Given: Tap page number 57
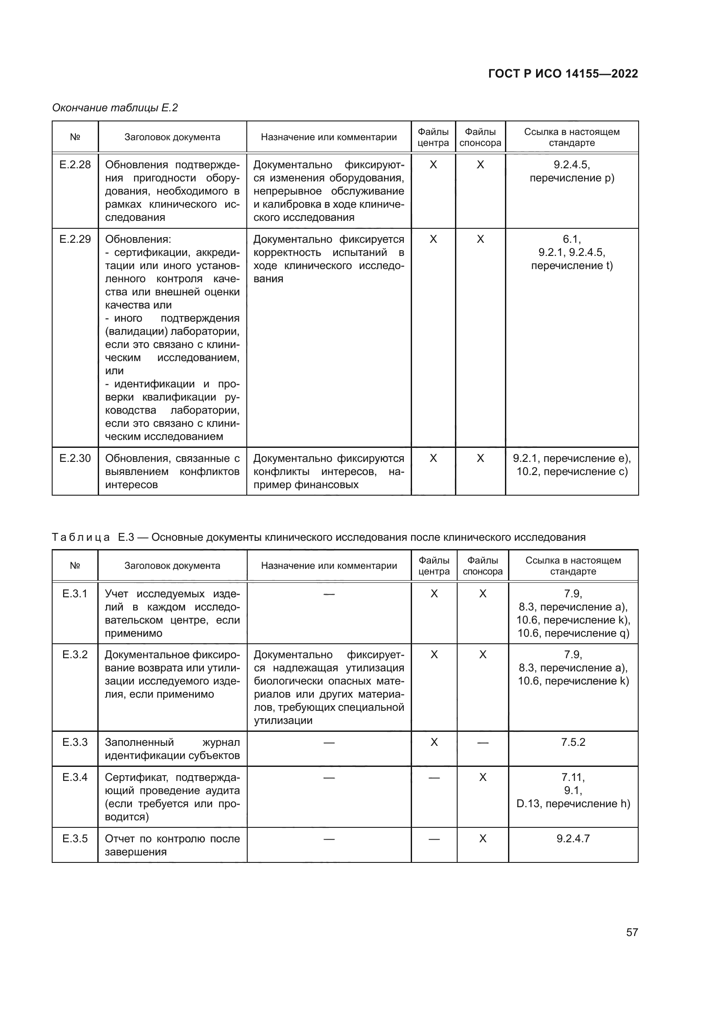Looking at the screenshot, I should click(632, 932).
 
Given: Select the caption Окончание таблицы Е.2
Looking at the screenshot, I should click(115, 108).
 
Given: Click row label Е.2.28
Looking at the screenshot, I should click(75, 165).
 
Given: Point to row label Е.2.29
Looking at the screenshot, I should click(75, 239).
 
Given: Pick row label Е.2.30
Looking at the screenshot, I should click(75, 458).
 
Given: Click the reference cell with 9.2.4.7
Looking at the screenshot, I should click(573, 838).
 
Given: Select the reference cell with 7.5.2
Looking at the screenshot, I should click(573, 742).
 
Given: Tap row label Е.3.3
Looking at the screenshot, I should click(75, 742).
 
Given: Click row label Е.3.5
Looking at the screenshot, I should click(75, 838).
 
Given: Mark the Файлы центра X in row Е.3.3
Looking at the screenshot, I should click(434, 742).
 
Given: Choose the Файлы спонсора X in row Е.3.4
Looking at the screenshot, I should click(483, 777).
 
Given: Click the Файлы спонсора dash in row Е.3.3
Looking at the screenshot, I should click(483, 743).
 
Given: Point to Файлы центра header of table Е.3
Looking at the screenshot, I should click(434, 566).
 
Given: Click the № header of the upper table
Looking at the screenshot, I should click(75, 137).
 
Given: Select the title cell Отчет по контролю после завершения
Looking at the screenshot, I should click(172, 844).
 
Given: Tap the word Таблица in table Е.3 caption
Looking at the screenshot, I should click(81, 537).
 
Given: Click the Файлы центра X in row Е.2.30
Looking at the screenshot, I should click(433, 458).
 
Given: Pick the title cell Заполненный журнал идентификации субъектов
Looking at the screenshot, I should click(172, 748).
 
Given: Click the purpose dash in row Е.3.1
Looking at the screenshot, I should click(329, 594).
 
